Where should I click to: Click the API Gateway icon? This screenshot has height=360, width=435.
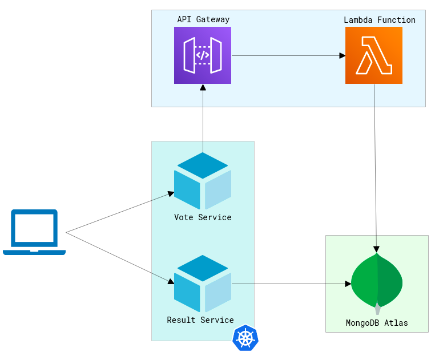pos(203,55)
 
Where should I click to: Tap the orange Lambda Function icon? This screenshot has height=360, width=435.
pos(374,55)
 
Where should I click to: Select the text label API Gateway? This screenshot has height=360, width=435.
pos(203,19)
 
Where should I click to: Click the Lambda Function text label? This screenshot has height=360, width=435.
pos(380,20)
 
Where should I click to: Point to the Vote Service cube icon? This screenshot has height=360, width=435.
pos(203,181)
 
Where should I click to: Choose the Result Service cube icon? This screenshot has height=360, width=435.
pos(203,284)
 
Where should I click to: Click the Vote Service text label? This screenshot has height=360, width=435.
pos(203,217)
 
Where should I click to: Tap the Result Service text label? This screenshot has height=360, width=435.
pos(200,320)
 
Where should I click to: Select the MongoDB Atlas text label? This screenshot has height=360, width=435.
pos(377,323)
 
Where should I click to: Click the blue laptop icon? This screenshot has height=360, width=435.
pos(34,232)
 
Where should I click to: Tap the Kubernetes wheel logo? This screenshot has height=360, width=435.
pos(245,338)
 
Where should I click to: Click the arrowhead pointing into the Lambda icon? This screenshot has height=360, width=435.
pos(343,55)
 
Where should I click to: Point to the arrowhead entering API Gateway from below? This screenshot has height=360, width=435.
pos(203,87)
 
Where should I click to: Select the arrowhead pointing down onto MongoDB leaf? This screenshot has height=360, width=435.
pos(376,249)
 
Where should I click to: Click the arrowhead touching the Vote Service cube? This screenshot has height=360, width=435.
pos(171,194)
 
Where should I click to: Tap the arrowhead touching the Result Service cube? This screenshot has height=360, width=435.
pos(171,281)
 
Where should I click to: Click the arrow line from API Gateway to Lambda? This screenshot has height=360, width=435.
pos(285,55)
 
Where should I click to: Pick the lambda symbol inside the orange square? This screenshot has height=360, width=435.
pos(374,55)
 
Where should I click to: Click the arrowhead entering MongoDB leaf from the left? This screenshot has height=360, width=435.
pos(348,284)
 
